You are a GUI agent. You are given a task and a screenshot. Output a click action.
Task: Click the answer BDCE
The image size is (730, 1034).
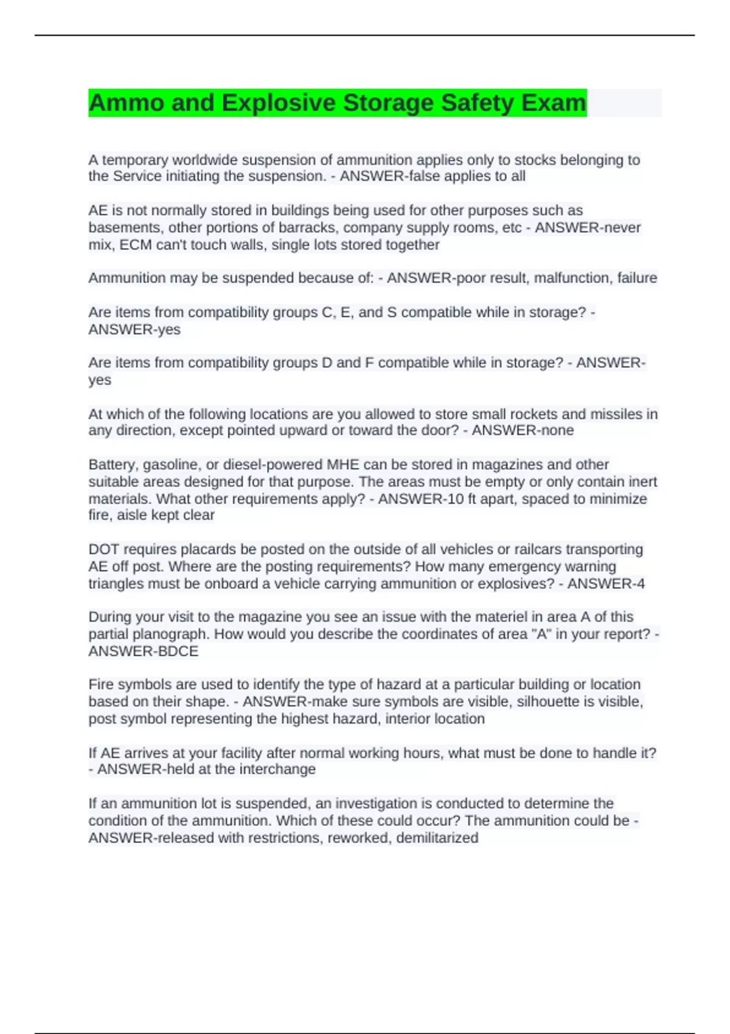[178, 651]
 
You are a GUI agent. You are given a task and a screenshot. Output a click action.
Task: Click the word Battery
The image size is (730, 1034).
[113, 465]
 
